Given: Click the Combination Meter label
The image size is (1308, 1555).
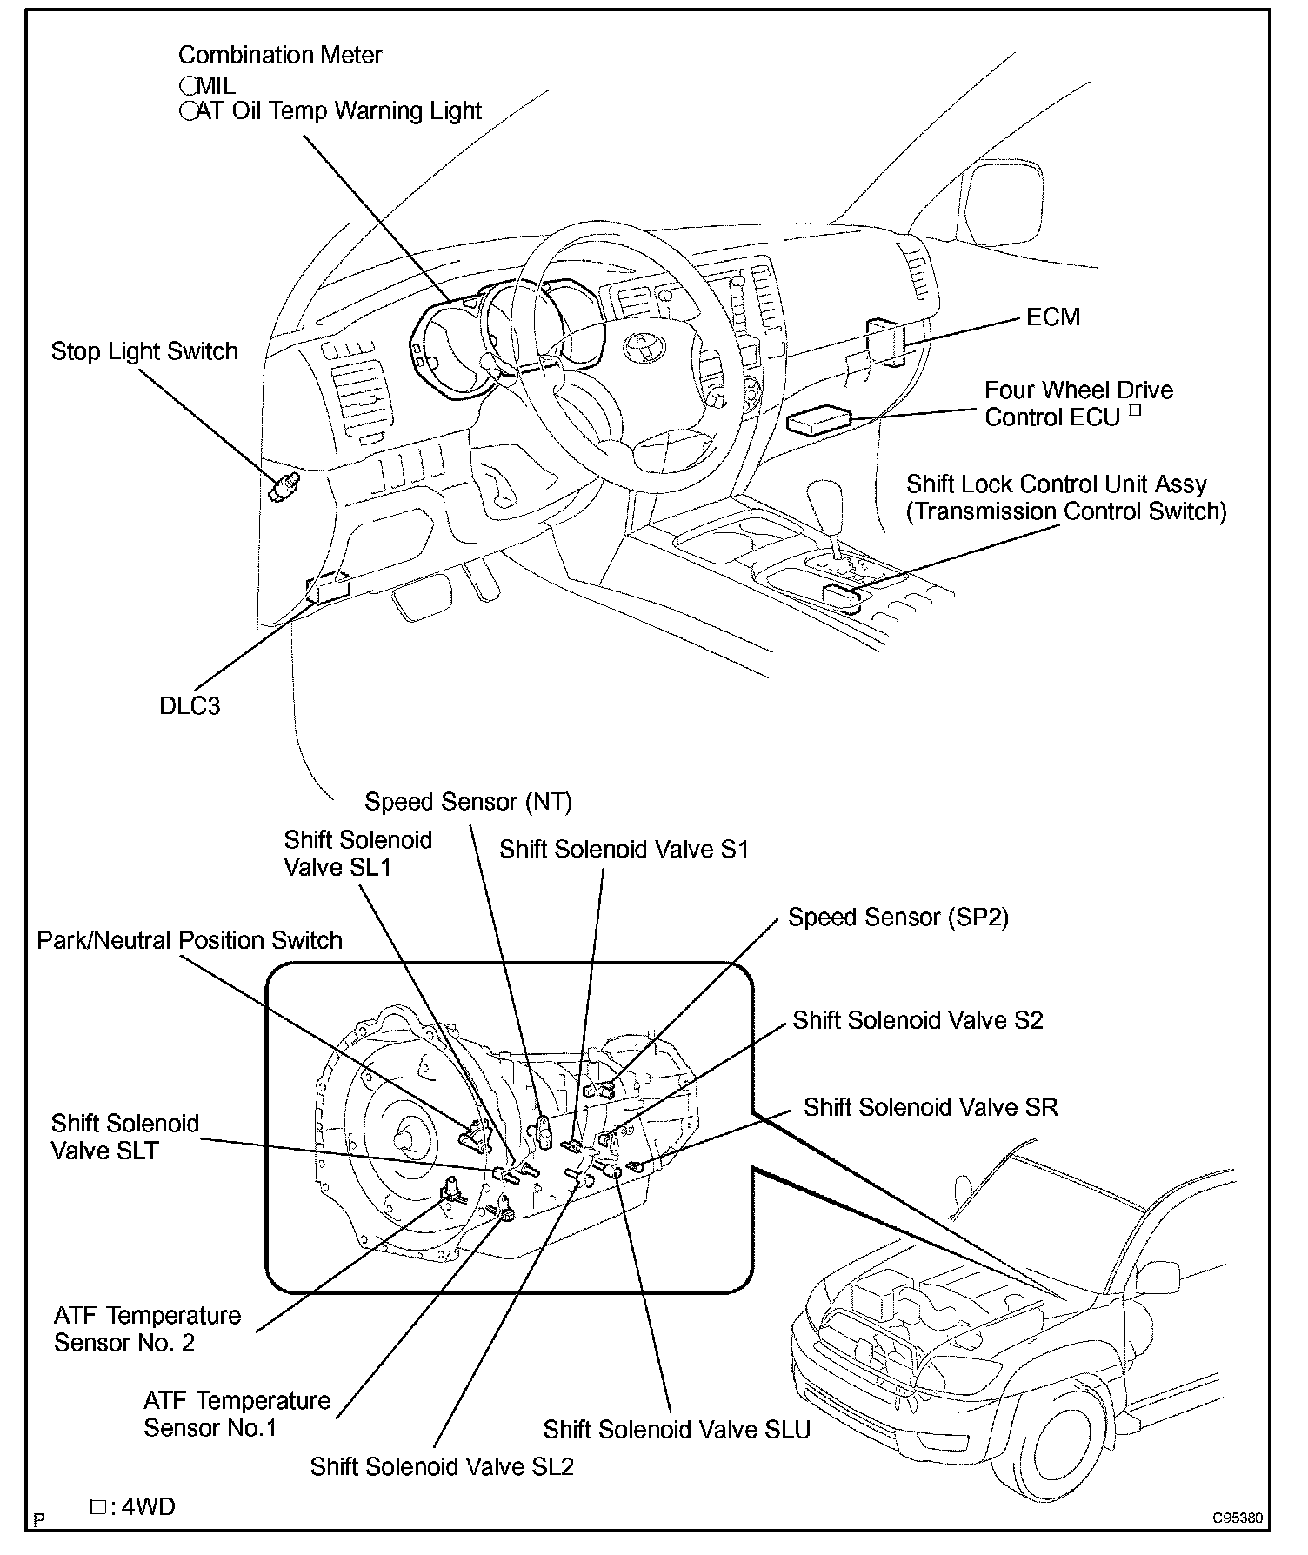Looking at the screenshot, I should click(x=280, y=56).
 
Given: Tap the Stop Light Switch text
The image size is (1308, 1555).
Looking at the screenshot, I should click(x=144, y=352).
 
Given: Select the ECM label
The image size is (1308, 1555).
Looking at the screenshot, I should click(x=1053, y=317).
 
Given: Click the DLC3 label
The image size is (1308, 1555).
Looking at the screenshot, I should click(x=190, y=705).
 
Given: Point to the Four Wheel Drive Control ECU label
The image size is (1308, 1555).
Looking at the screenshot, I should click(x=1078, y=404).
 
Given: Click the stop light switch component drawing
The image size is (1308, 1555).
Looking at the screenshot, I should click(x=284, y=487).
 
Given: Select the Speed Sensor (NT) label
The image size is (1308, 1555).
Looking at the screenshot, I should click(x=468, y=802).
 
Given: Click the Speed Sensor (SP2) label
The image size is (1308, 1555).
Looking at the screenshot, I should click(x=898, y=918).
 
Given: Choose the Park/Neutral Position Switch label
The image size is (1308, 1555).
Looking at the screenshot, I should click(x=190, y=941).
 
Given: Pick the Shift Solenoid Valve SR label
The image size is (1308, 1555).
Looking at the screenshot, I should click(x=931, y=1107).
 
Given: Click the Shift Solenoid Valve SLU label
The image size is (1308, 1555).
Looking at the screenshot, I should click(x=677, y=1430).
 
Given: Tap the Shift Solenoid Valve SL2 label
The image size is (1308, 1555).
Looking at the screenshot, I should click(x=442, y=1467).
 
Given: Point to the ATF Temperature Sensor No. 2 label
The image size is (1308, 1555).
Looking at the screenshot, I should click(x=147, y=1329).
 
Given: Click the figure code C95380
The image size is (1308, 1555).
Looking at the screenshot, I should click(x=1238, y=1518).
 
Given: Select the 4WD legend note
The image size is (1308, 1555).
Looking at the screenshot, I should click(x=132, y=1506).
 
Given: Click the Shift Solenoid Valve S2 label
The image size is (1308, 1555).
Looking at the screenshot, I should click(x=918, y=1021).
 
